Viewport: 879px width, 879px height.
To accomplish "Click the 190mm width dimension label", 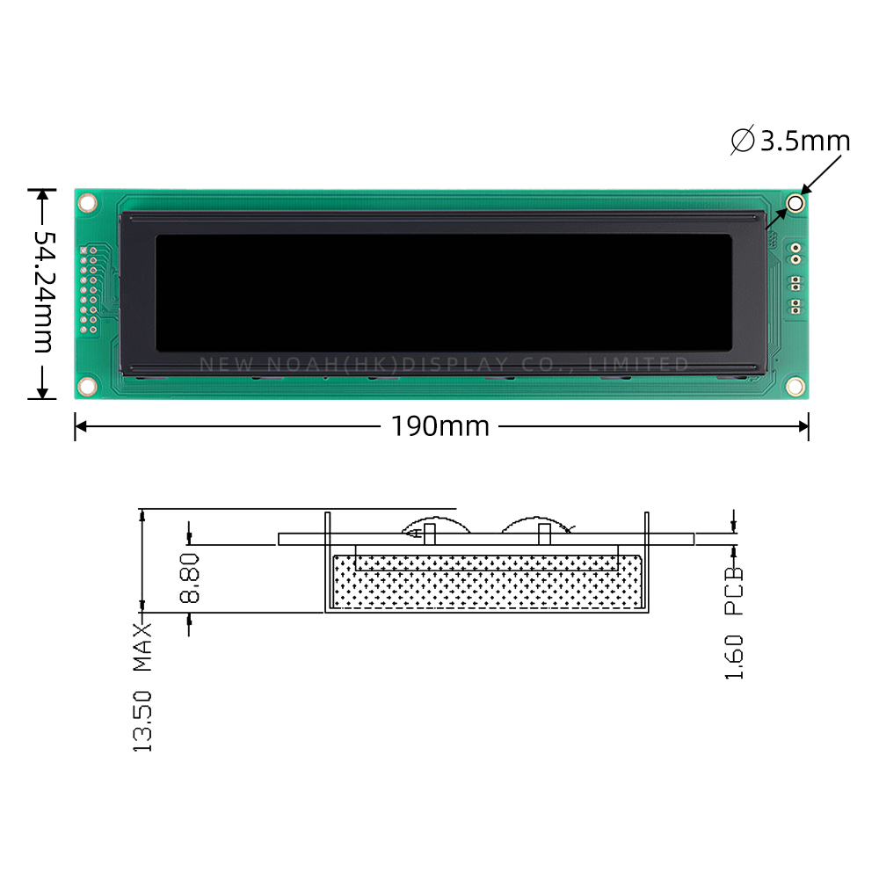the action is (x=440, y=426).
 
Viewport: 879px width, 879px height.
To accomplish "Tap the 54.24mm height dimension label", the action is (x=44, y=292).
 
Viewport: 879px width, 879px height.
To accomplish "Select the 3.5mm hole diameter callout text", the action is (x=805, y=141).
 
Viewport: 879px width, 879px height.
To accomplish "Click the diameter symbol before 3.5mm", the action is (x=743, y=140).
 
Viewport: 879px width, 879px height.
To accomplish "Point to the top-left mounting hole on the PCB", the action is (x=87, y=202).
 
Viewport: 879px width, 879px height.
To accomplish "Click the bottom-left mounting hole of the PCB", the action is (x=87, y=386).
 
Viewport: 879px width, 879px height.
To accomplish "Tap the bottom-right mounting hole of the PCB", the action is (x=795, y=386).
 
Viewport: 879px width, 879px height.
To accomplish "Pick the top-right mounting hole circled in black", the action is (x=795, y=203).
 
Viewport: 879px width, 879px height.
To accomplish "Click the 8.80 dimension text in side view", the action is (x=190, y=578).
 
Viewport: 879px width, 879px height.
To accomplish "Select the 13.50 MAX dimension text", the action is (x=142, y=687).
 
